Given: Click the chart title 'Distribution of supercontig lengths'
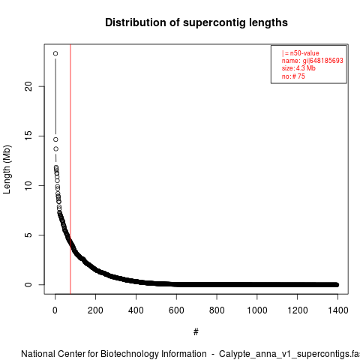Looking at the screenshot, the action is pos(196,22).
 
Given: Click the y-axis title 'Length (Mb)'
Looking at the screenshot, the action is pos(7,169).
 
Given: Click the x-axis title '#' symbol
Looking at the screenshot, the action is pos(196,332).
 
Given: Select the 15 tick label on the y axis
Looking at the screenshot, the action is pos(28,136).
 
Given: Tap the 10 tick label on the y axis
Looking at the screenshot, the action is pos(28,185).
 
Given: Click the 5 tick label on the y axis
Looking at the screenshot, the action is pos(28,235).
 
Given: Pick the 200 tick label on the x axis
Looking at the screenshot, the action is pos(95,310).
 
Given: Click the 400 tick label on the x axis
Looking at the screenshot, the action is pos(136,310).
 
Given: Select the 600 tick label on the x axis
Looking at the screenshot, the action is pos(176,310).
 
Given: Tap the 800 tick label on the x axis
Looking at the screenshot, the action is pos(217,310).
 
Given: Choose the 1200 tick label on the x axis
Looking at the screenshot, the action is pos(298,310).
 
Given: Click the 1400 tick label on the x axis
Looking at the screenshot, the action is pos(338,310).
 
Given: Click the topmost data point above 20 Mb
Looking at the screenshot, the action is pos(55,53).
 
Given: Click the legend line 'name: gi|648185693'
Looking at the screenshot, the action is pos(313,61).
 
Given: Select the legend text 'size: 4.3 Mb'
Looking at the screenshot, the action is pos(298,68).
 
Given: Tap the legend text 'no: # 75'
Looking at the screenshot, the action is pos(293,76).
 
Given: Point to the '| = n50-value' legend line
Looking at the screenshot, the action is pos(301,53).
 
